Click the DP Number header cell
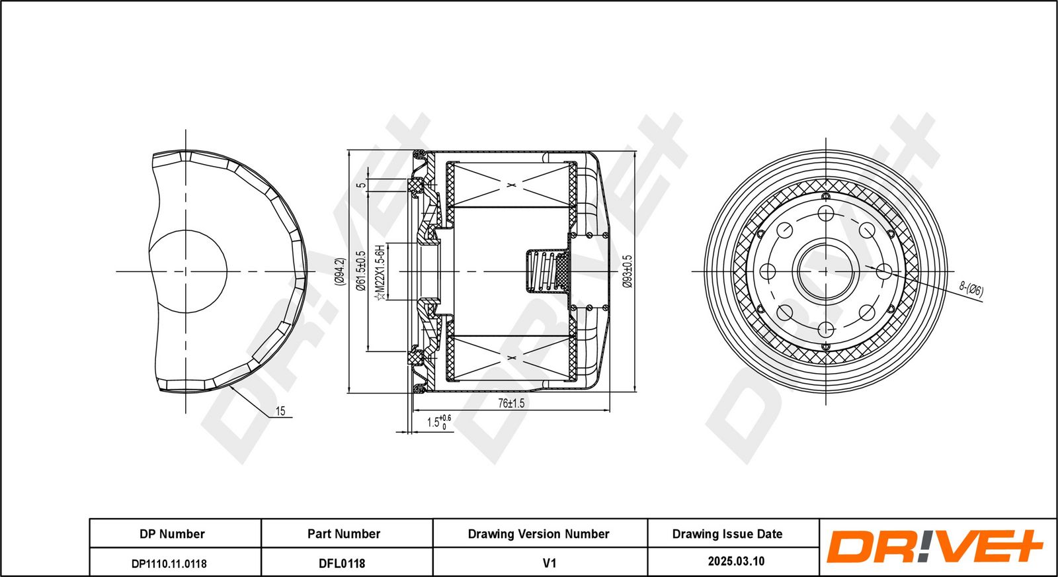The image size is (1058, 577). pyautogui.click(x=172, y=534)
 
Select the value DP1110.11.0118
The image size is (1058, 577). pyautogui.click(x=169, y=563)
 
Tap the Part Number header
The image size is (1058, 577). pyautogui.click(x=344, y=534)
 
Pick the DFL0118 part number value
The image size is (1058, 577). pyautogui.click(x=342, y=563)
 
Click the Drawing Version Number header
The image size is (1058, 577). pyautogui.click(x=538, y=534)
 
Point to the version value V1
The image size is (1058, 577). pyautogui.click(x=549, y=563)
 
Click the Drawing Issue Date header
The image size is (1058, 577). pyautogui.click(x=727, y=534)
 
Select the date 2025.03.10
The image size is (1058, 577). pyautogui.click(x=736, y=562)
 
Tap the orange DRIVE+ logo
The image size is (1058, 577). pyautogui.click(x=934, y=547)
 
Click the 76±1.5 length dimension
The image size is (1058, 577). pyautogui.click(x=510, y=403)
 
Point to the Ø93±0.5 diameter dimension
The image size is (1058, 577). pyautogui.click(x=628, y=271)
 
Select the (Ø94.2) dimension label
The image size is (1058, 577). pyautogui.click(x=339, y=271)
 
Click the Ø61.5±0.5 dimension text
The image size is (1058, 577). pyautogui.click(x=361, y=271)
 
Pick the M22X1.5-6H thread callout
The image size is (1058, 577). pyautogui.click(x=380, y=272)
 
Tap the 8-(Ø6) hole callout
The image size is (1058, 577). pyautogui.click(x=971, y=289)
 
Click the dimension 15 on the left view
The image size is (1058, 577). pyautogui.click(x=280, y=412)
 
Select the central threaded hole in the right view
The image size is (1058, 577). pyautogui.click(x=825, y=271)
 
